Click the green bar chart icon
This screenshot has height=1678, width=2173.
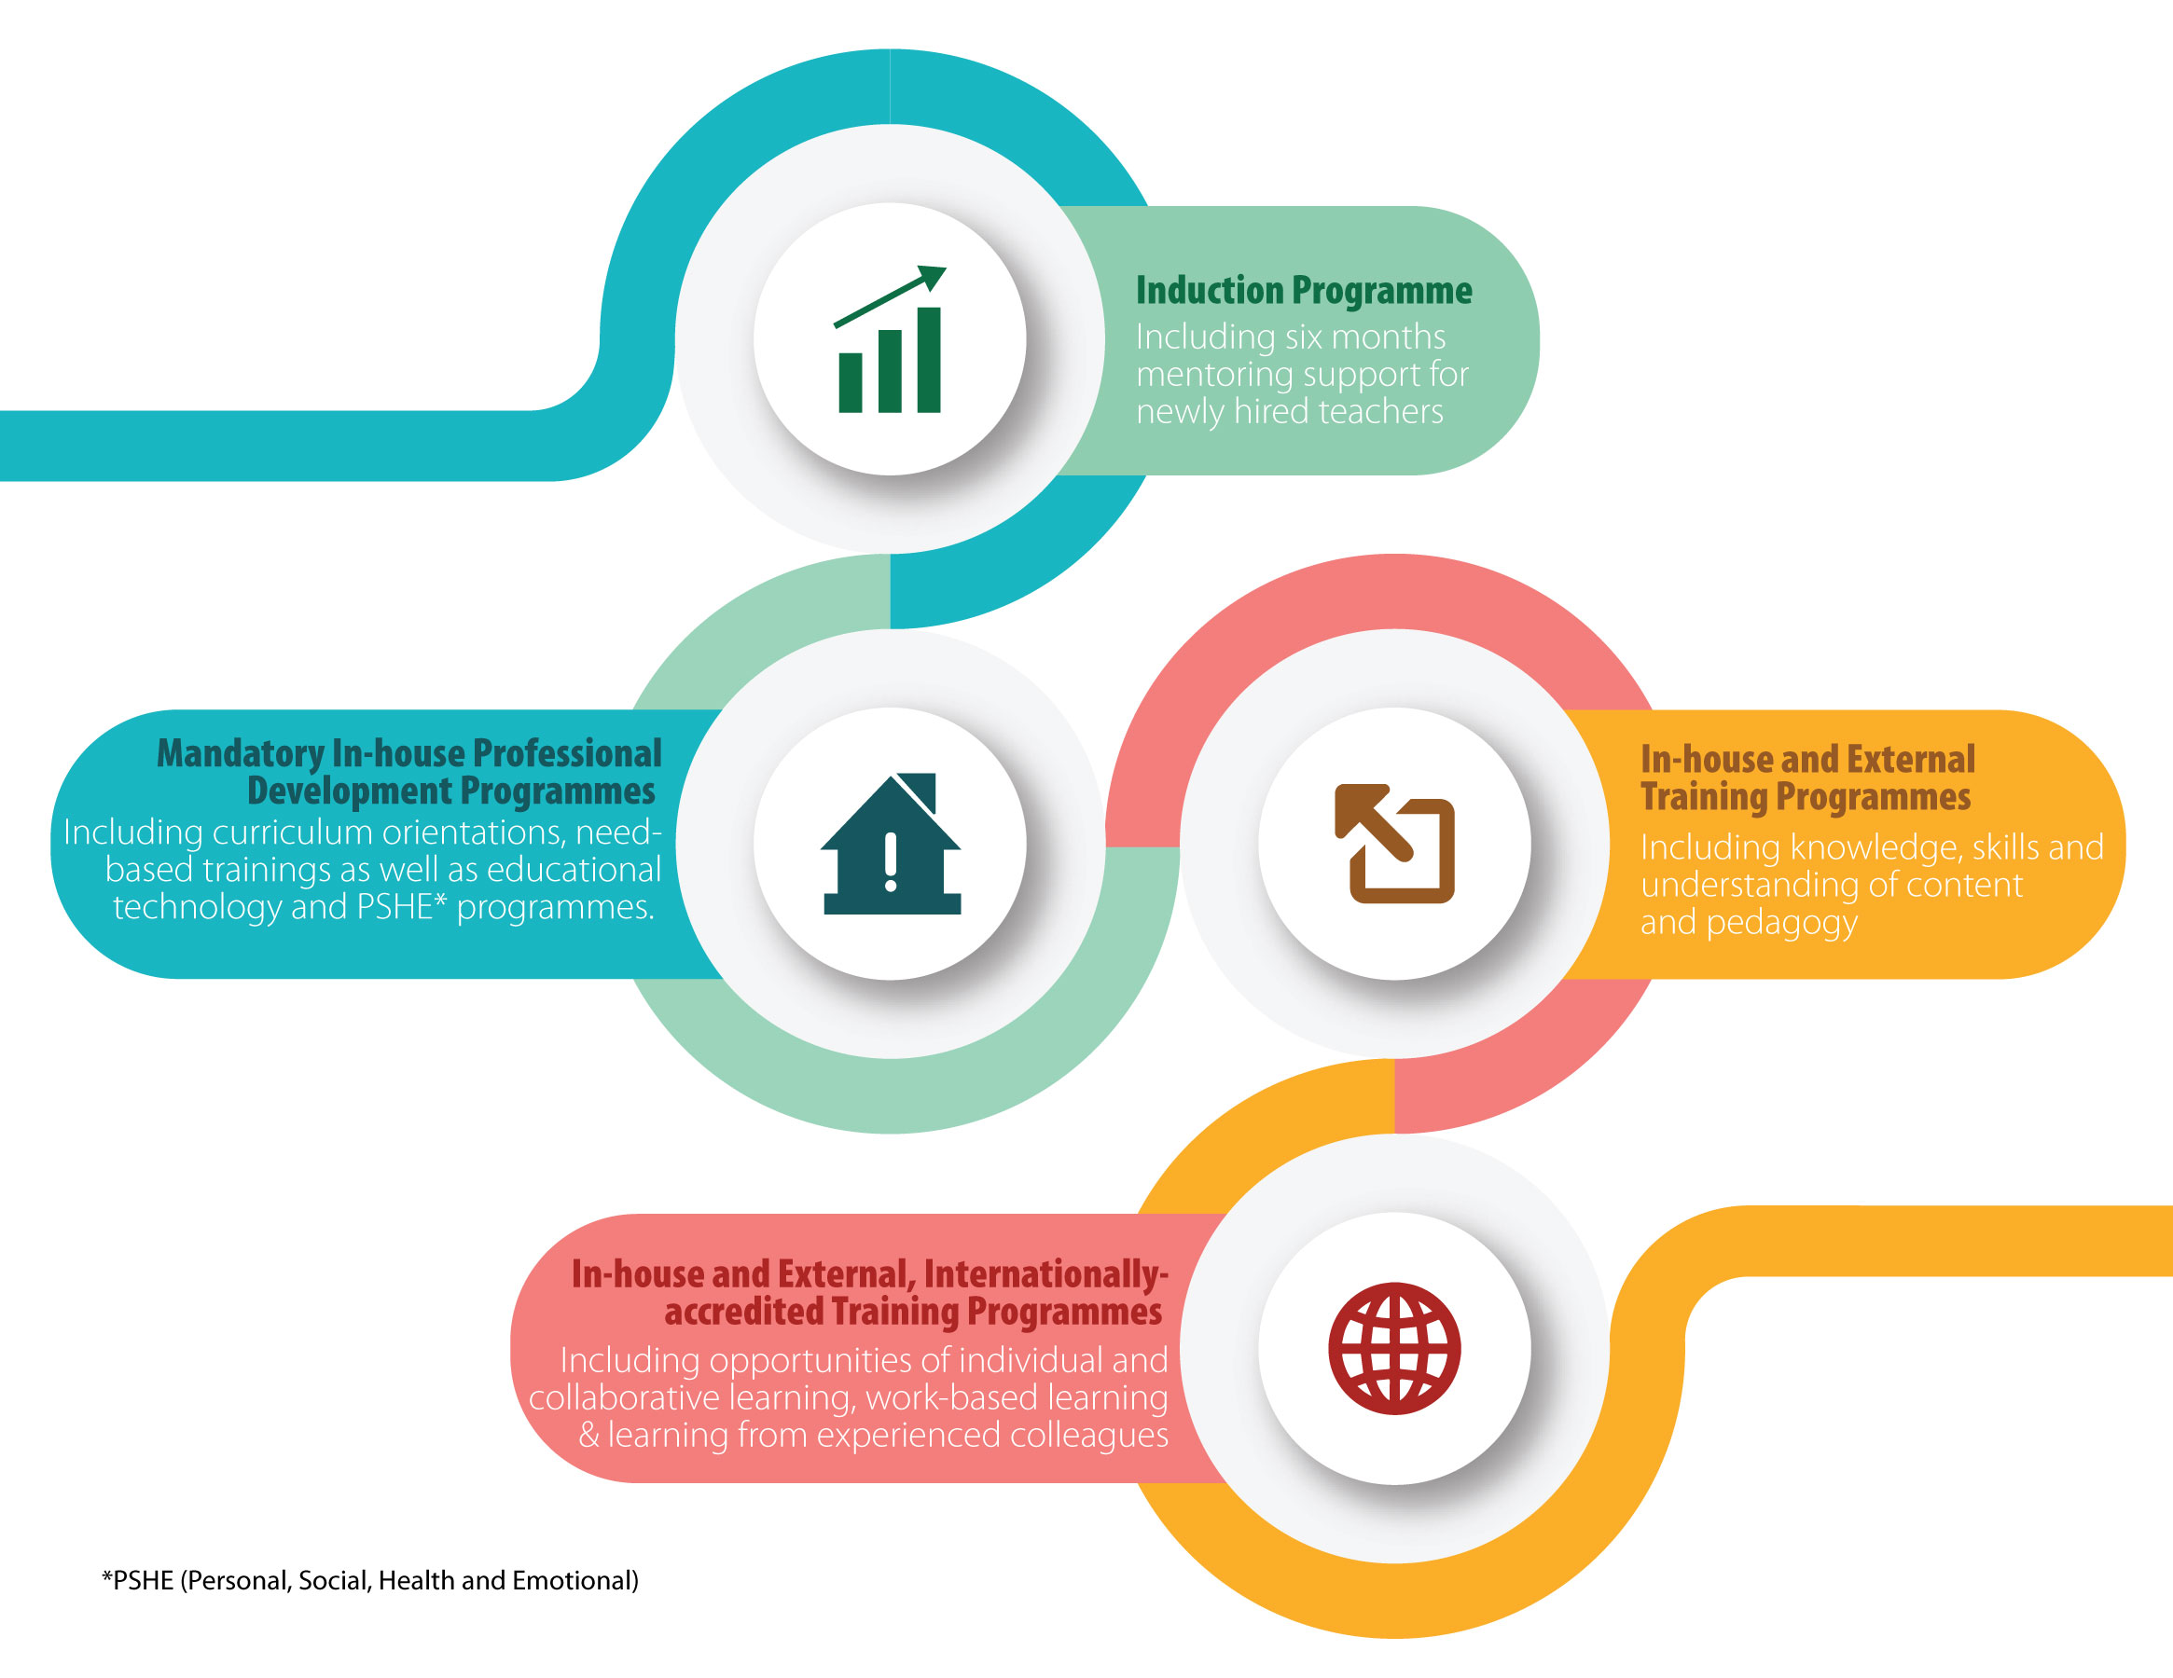click(x=890, y=339)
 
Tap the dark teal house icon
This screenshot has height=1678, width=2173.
click(x=891, y=844)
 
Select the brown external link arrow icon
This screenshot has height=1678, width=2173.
click(x=1394, y=844)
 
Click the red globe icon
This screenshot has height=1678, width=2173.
click(x=1394, y=1349)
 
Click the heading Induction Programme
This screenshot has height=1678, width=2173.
click(x=1304, y=291)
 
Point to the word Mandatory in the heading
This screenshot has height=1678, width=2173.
click(x=241, y=754)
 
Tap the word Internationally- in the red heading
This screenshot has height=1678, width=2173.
click(x=1045, y=1274)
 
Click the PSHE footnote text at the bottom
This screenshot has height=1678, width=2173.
click(x=370, y=1580)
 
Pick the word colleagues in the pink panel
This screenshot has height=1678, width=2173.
click(x=1089, y=1436)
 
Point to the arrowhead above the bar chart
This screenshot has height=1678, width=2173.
click(x=934, y=278)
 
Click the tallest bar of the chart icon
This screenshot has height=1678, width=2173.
click(x=928, y=360)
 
